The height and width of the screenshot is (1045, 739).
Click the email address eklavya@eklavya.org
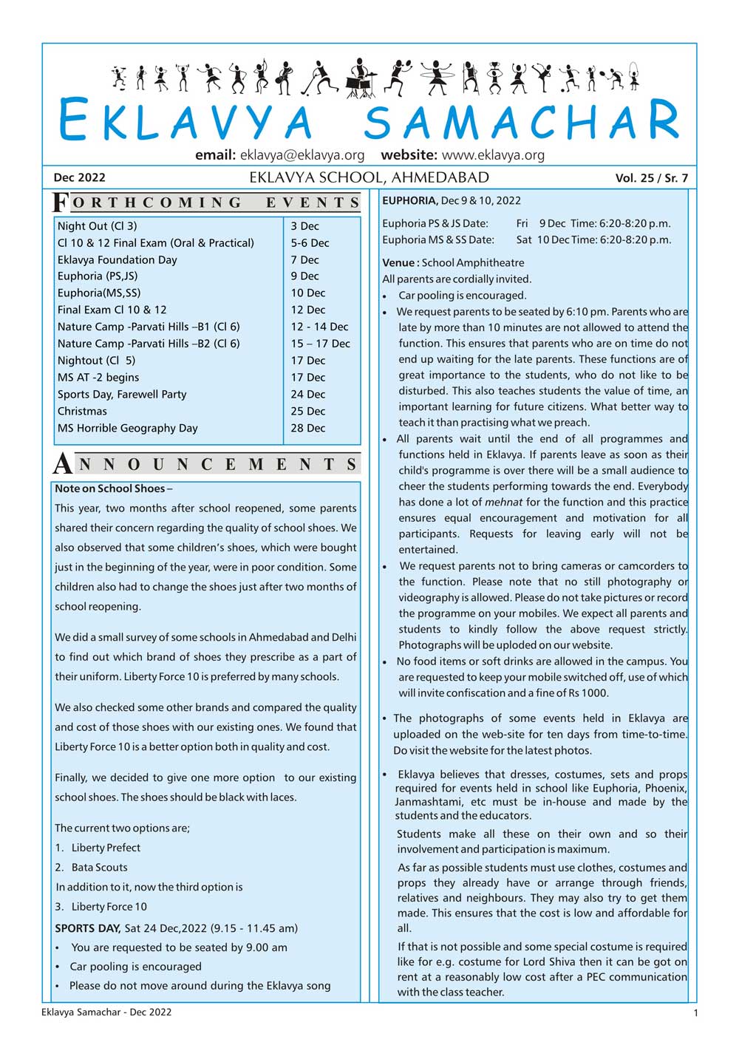[302, 155]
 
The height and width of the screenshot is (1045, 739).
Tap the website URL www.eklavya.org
[493, 155]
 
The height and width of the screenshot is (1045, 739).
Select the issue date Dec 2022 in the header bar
[79, 177]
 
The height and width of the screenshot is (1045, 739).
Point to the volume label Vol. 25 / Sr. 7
[651, 178]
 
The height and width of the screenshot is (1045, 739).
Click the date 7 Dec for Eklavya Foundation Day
[304, 260]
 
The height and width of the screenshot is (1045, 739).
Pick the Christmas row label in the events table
[82, 412]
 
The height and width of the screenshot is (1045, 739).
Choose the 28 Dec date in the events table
[307, 429]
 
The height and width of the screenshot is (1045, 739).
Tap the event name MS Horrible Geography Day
[127, 429]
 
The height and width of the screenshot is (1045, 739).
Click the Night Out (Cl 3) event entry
[97, 226]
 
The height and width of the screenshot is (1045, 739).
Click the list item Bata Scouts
[99, 868]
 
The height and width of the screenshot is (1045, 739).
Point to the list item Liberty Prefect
[106, 848]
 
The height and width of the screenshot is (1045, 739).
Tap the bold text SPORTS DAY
[87, 928]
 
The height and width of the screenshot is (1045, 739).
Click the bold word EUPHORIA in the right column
[409, 200]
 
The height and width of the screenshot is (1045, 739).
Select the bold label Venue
[399, 263]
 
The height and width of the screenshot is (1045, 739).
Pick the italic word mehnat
[503, 503]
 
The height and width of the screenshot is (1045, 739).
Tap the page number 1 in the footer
[695, 1013]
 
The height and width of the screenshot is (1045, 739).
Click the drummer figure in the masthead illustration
[360, 78]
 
